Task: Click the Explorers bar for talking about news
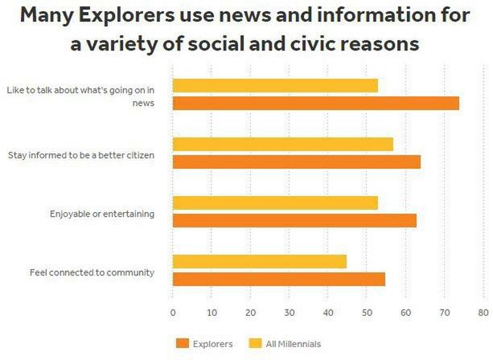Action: (315, 103)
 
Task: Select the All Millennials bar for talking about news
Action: (275, 85)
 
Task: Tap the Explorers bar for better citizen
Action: (296, 162)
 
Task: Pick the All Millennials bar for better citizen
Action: (282, 144)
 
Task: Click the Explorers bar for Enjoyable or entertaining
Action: (294, 220)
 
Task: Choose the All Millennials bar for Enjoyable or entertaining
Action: (275, 202)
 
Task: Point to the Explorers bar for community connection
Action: (278, 279)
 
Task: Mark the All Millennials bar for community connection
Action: (259, 261)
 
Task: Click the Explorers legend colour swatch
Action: (181, 344)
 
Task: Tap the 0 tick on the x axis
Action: (173, 313)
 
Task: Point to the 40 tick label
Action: (327, 313)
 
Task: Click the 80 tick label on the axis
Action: (483, 313)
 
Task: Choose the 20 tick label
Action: (250, 313)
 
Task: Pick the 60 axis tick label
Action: (405, 313)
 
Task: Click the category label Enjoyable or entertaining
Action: (102, 214)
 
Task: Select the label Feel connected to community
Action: (92, 272)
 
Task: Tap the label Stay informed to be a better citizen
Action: (81, 154)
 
